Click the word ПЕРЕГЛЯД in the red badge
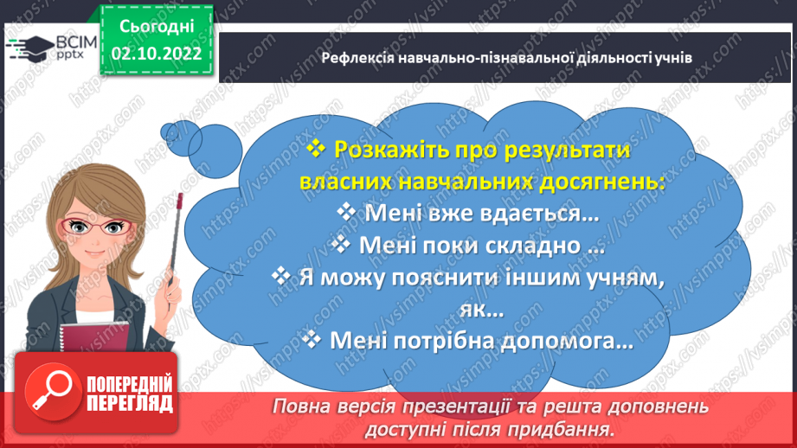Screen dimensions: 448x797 [x=131, y=403]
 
